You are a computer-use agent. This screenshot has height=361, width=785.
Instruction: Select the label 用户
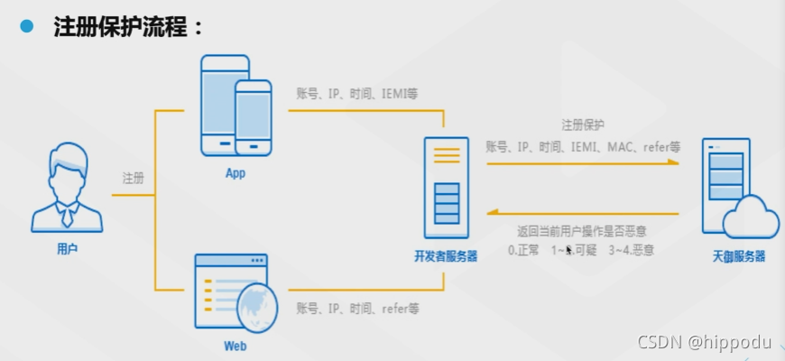pyautogui.click(x=67, y=248)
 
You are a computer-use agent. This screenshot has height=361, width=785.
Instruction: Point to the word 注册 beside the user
pyautogui.click(x=134, y=178)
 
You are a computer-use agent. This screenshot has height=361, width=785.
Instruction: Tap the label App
pyautogui.click(x=235, y=173)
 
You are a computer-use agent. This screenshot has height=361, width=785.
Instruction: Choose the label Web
pyautogui.click(x=235, y=346)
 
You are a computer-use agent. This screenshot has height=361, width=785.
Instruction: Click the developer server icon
pyautogui.click(x=447, y=188)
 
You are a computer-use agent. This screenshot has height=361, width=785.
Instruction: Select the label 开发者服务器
pyautogui.click(x=446, y=256)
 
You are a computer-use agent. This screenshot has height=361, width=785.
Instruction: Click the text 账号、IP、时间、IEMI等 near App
pyautogui.click(x=357, y=93)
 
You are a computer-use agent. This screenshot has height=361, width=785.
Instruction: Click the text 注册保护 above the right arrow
pyautogui.click(x=583, y=125)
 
